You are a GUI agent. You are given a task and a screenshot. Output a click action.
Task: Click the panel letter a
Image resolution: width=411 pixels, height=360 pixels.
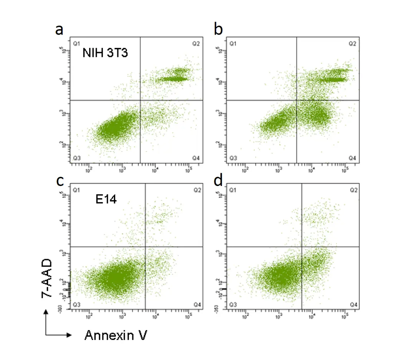(x=59, y=30)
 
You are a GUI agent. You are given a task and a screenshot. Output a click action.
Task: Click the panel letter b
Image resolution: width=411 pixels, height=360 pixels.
(x=218, y=30)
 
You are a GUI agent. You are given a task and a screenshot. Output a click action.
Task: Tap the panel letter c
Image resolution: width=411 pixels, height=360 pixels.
(x=59, y=181)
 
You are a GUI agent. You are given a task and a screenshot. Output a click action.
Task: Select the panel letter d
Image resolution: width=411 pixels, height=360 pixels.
(x=218, y=181)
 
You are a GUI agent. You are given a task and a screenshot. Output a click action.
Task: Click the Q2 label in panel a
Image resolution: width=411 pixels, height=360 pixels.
(x=196, y=44)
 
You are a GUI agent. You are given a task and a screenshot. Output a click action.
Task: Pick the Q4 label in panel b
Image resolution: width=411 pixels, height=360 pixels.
(x=352, y=158)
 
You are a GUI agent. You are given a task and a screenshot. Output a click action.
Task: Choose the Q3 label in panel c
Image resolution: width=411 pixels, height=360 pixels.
(x=77, y=304)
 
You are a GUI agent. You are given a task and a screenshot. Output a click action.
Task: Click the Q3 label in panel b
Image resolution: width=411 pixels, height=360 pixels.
(x=233, y=158)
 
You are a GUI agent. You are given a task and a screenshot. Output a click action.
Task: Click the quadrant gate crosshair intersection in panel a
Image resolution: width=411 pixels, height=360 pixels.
(x=140, y=100)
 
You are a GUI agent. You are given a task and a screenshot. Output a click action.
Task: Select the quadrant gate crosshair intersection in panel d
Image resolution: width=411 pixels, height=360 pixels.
(x=302, y=247)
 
